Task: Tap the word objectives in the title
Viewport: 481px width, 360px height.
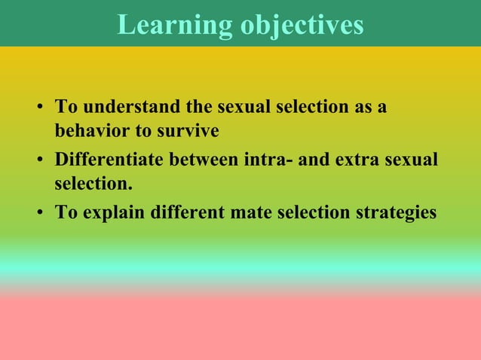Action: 302,25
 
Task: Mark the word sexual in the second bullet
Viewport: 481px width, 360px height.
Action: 412,160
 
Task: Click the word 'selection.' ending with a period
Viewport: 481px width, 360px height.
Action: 88,183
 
